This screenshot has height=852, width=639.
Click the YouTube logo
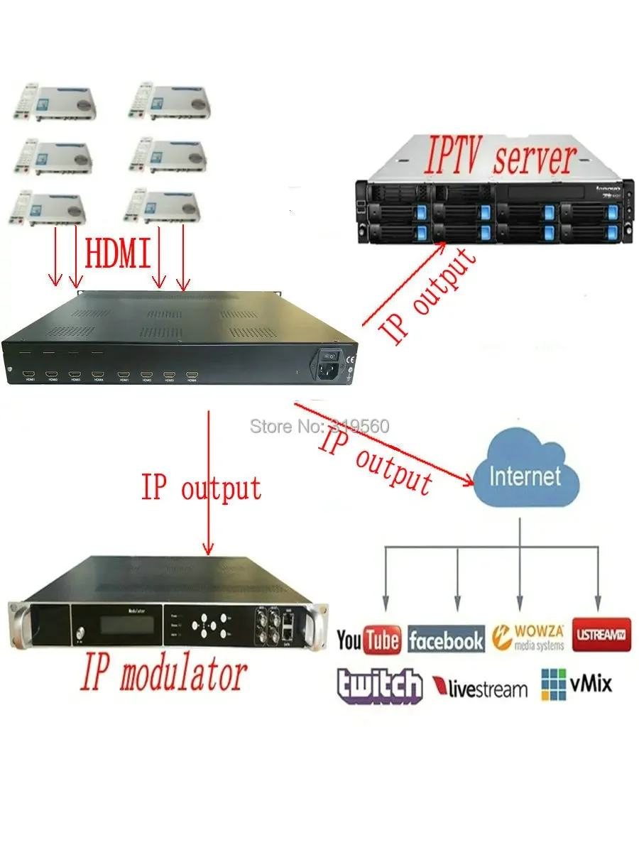[368, 640]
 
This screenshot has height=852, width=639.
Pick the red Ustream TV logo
[601, 634]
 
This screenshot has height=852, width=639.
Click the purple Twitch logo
[379, 686]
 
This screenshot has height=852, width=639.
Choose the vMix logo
[576, 684]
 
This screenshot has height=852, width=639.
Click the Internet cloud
[525, 473]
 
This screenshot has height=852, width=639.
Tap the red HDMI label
[118, 253]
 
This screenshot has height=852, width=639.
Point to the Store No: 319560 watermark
[319, 427]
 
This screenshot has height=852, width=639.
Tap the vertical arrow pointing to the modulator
[208, 483]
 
